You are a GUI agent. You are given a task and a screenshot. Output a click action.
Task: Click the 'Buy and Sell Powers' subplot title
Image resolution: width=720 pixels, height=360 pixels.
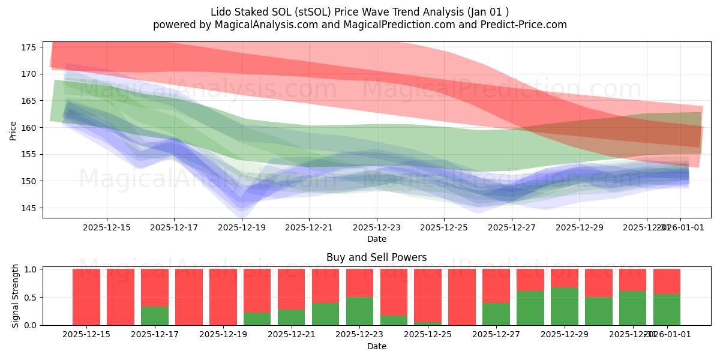click(376, 257)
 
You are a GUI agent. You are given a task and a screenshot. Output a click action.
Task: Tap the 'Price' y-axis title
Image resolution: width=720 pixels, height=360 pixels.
click(13, 130)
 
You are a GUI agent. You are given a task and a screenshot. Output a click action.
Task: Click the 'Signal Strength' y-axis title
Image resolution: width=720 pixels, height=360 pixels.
click(16, 297)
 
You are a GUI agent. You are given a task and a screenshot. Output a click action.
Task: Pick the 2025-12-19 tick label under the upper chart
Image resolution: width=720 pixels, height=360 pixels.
click(242, 227)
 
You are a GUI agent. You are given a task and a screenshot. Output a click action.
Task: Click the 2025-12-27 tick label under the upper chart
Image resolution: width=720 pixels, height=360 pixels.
click(512, 227)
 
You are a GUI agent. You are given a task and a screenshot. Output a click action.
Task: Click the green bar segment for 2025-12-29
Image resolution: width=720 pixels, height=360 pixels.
click(565, 306)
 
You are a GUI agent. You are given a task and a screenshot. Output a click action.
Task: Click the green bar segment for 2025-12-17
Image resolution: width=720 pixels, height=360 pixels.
click(155, 316)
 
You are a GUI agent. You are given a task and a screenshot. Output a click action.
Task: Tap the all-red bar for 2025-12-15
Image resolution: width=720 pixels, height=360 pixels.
click(86, 297)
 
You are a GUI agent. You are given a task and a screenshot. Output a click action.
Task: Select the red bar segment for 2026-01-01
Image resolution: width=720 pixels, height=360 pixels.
click(667, 281)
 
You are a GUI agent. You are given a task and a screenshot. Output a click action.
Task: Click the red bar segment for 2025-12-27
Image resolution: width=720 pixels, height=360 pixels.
click(496, 286)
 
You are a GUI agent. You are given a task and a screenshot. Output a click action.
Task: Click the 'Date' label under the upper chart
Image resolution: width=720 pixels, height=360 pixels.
click(376, 239)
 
